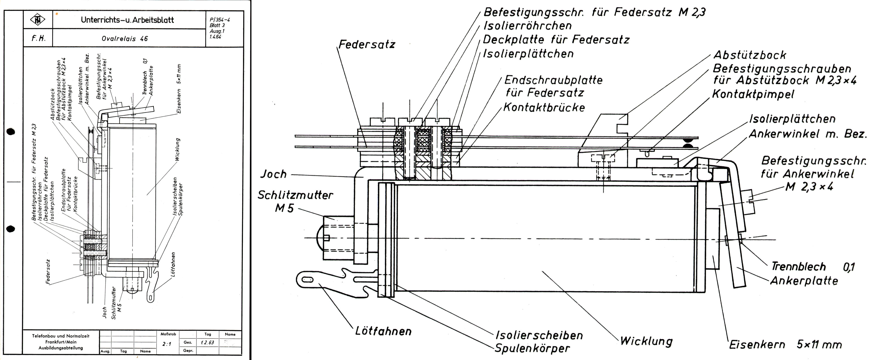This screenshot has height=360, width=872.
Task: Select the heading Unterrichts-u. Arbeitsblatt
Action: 127,20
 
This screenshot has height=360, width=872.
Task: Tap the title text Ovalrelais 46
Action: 125,39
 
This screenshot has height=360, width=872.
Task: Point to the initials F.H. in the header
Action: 38,39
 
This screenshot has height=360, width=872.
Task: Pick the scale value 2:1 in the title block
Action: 167,344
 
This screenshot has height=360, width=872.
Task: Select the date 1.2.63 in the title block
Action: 207,342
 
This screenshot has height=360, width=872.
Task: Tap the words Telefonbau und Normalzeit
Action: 61,336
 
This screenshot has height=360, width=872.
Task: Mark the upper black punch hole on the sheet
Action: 11,132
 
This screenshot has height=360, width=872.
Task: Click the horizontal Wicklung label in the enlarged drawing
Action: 646,341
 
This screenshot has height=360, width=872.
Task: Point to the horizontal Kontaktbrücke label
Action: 544,107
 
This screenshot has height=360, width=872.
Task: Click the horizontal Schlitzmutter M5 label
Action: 295,201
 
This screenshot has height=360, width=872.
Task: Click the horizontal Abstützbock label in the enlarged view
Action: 749,55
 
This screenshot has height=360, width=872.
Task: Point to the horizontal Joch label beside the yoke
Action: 274,174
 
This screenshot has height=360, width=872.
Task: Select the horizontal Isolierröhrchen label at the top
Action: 527,26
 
